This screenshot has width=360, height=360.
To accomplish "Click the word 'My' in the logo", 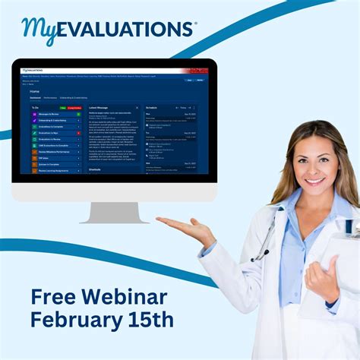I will [40, 30].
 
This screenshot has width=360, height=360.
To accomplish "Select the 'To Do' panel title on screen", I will [35, 108].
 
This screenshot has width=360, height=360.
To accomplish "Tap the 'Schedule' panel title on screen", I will [151, 108].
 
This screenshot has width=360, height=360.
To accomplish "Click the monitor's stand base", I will [115, 219].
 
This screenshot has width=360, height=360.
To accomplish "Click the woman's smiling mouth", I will [313, 181].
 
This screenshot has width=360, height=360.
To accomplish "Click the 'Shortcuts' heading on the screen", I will [95, 170].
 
